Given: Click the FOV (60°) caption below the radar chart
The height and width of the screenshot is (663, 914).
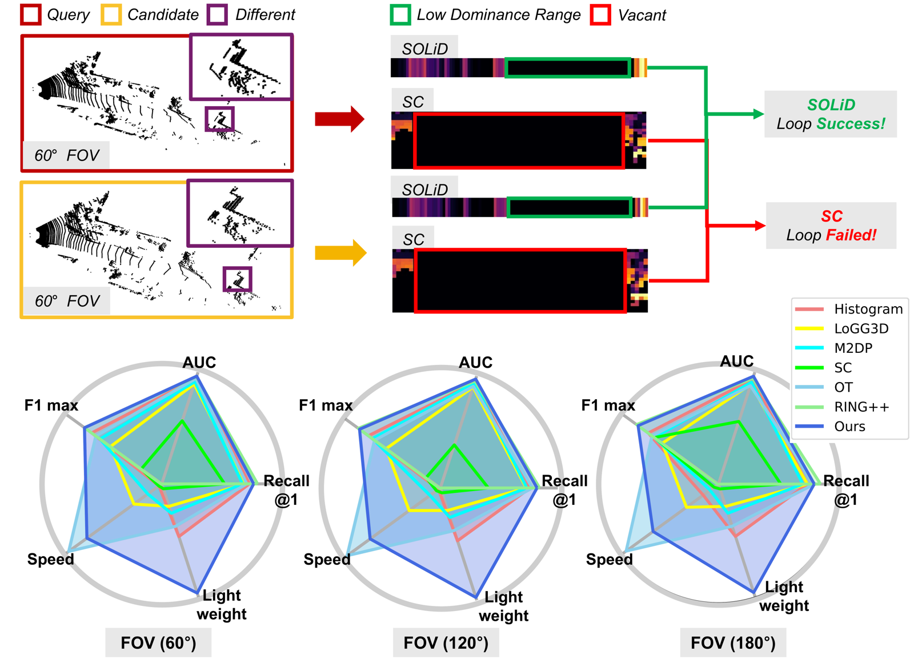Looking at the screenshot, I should pyautogui.click(x=158, y=643).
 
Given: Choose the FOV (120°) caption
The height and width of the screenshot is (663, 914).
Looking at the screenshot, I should pyautogui.click(x=446, y=643).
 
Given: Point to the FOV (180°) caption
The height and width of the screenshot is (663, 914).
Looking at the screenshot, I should pyautogui.click(x=733, y=643).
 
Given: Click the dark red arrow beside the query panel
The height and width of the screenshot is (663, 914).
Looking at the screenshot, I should pyautogui.click(x=339, y=119).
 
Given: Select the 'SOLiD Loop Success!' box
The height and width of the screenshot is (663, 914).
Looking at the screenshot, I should pyautogui.click(x=831, y=114).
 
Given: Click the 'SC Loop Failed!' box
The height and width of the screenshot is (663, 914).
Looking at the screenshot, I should pyautogui.click(x=831, y=226).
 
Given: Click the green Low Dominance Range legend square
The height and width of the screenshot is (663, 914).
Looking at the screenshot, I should pyautogui.click(x=400, y=15).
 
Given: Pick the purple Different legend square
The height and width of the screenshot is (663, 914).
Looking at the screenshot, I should pyautogui.click(x=218, y=15).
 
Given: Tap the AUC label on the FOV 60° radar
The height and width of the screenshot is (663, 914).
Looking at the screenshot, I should pyautogui.click(x=199, y=363).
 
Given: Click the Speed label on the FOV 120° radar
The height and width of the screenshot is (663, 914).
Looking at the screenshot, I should pyautogui.click(x=327, y=559).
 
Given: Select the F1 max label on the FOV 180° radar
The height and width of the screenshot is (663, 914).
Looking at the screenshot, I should pyautogui.click(x=608, y=405).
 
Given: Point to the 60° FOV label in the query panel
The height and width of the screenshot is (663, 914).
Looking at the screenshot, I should pyautogui.click(x=66, y=155).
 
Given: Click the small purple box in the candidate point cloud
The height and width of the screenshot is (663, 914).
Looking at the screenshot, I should pyautogui.click(x=237, y=279).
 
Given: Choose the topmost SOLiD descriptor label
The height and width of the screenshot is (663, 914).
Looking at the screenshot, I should pyautogui.click(x=424, y=49).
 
